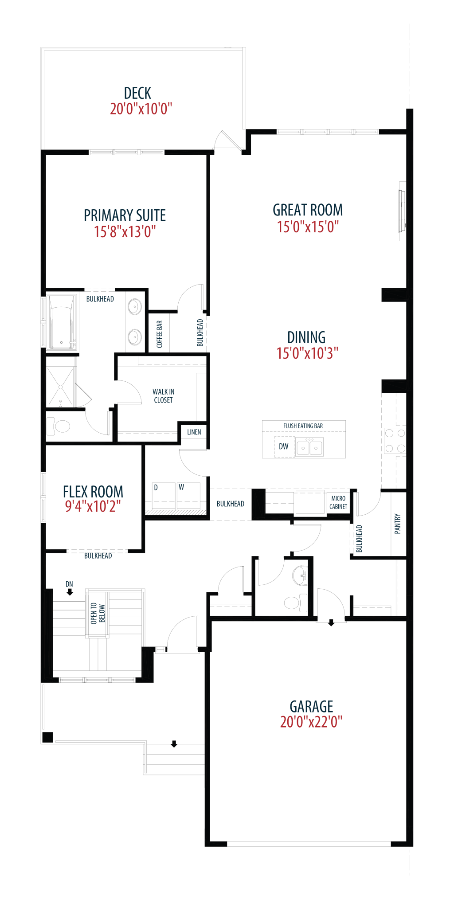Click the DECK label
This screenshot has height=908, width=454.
pos(137,93)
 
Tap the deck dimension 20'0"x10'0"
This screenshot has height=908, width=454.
pos(141,109)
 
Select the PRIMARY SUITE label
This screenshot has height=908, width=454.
pos(125,215)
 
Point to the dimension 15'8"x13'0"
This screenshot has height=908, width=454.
pos(125,231)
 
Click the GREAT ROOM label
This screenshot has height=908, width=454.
pos(308,210)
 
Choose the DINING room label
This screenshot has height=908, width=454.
pos(306,337)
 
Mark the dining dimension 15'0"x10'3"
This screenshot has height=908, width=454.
pos(307,353)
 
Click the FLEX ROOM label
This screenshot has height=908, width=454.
pos(93,491)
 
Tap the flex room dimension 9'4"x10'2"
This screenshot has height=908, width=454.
pos(93,506)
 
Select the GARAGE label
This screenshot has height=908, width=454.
pos(311,706)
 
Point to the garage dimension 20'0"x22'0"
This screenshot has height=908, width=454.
pos(311,722)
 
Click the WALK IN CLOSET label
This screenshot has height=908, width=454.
pos(163,396)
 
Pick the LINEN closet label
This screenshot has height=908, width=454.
pos(194,432)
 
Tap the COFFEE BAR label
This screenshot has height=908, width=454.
pos(160,334)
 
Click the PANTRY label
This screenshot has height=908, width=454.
pos(398,524)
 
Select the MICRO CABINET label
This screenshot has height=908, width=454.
pos(338,503)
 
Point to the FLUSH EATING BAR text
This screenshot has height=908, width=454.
pos(303,426)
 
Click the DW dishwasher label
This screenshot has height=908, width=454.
pos(284,446)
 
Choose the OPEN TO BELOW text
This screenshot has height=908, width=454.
pos(98,614)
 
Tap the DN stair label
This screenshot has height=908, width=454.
pos(69,584)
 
